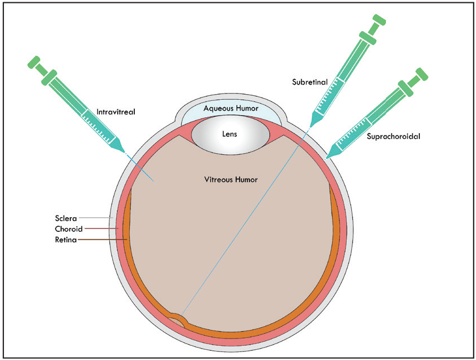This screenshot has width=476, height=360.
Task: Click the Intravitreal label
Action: (x=116, y=112)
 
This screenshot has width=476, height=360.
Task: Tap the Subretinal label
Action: (x=309, y=82)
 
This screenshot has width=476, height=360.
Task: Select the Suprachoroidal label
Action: (x=393, y=137)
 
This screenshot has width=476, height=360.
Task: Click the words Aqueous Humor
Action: (x=231, y=108)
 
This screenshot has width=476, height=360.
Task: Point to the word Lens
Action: (x=229, y=134)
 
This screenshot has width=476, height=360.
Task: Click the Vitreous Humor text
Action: (x=231, y=180)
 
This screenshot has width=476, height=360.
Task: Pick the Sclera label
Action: (x=66, y=218)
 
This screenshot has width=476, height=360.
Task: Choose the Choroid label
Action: (x=69, y=229)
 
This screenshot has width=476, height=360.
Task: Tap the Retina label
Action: (x=66, y=240)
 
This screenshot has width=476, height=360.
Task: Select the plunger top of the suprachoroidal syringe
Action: (x=422, y=74)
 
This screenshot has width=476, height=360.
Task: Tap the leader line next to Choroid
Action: (x=100, y=229)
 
